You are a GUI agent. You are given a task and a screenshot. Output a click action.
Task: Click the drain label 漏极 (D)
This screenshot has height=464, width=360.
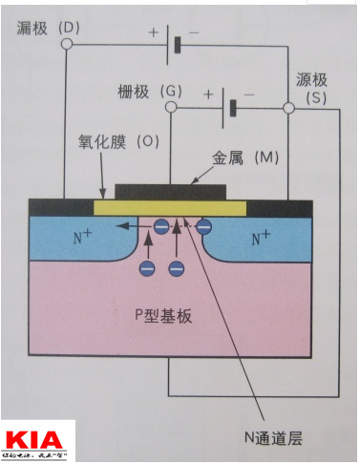(47, 28)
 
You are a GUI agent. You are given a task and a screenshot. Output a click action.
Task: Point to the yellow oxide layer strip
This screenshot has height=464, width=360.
(171, 207)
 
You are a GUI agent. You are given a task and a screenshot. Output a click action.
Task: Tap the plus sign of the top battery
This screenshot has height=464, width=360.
(152, 32)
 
